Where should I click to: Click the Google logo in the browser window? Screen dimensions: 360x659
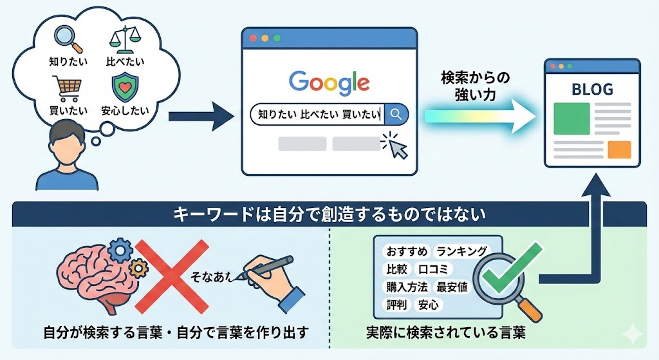(x=329, y=82)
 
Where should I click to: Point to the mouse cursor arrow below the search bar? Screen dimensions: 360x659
(x=394, y=146)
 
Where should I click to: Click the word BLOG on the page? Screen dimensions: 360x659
(x=592, y=90)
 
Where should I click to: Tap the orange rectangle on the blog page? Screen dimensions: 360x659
(x=619, y=149)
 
